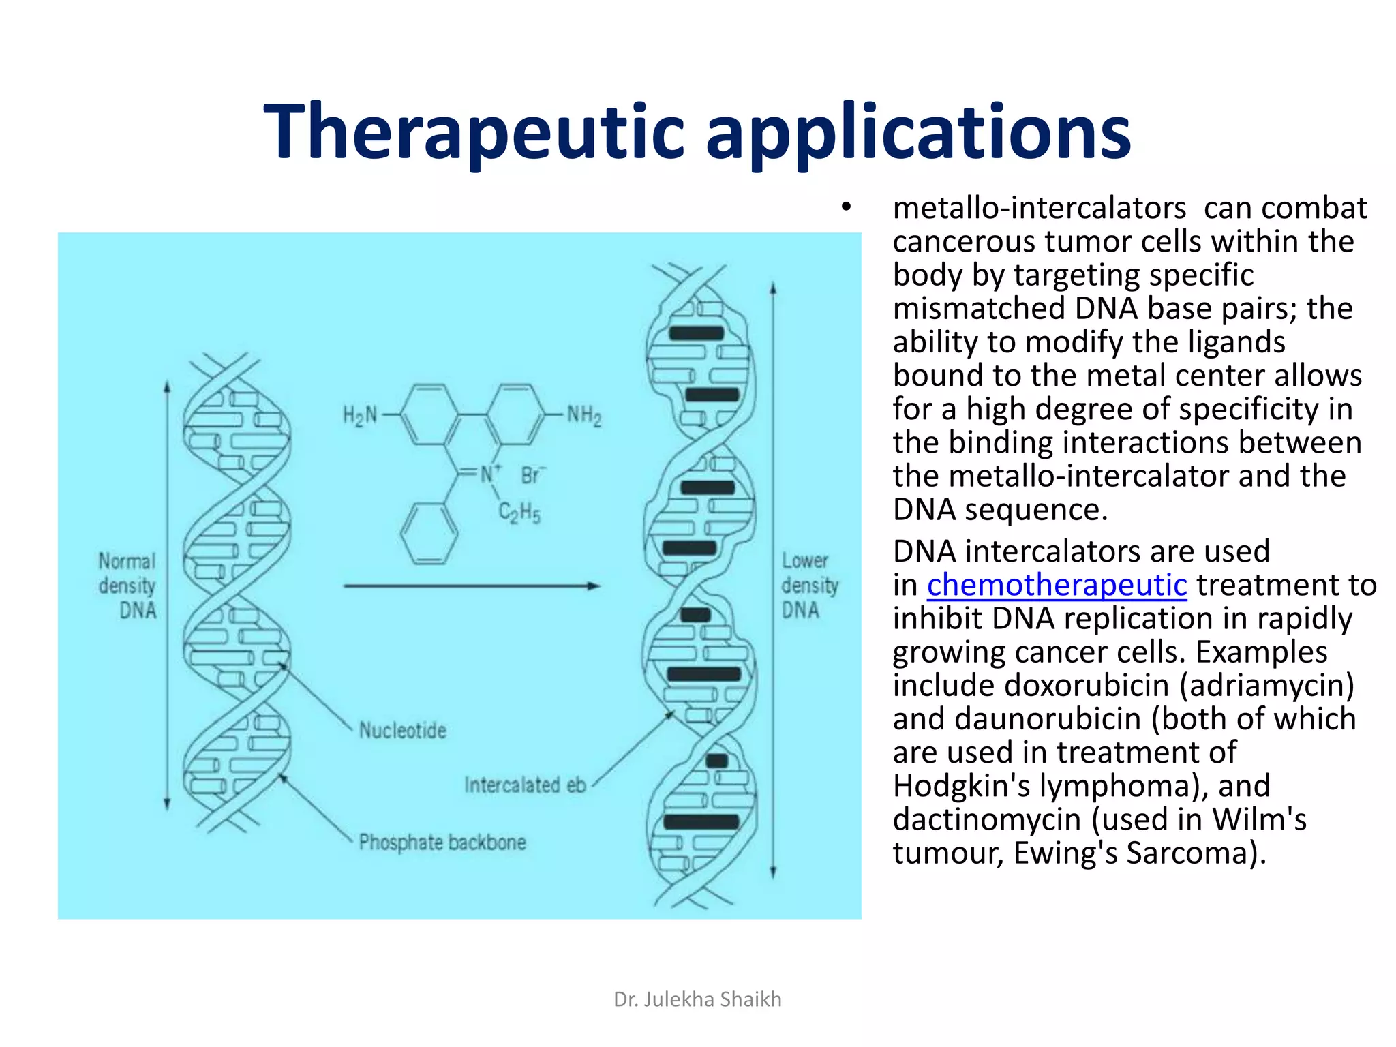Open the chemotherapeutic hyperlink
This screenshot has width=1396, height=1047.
pyautogui.click(x=1057, y=585)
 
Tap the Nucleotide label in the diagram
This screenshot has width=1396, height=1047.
pyautogui.click(x=403, y=731)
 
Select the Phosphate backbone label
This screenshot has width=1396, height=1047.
pyautogui.click(x=442, y=843)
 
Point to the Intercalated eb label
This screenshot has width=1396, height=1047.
pyautogui.click(x=525, y=785)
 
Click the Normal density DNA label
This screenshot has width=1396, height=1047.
pyautogui.click(x=127, y=586)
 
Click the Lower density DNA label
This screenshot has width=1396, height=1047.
pyautogui.click(x=809, y=586)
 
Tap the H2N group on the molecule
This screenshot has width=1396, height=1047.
pyautogui.click(x=360, y=414)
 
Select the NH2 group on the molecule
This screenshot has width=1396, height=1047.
pyautogui.click(x=584, y=414)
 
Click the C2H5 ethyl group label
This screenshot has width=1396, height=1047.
pyautogui.click(x=519, y=513)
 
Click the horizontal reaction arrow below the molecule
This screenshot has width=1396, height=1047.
pyautogui.click(x=471, y=586)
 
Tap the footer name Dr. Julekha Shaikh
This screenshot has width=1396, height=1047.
pyautogui.click(x=697, y=999)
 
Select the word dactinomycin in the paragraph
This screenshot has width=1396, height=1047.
pyautogui.click(x=987, y=819)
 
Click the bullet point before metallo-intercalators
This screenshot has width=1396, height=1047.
pyautogui.click(x=846, y=207)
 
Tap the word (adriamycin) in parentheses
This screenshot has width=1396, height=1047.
pyautogui.click(x=1267, y=685)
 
